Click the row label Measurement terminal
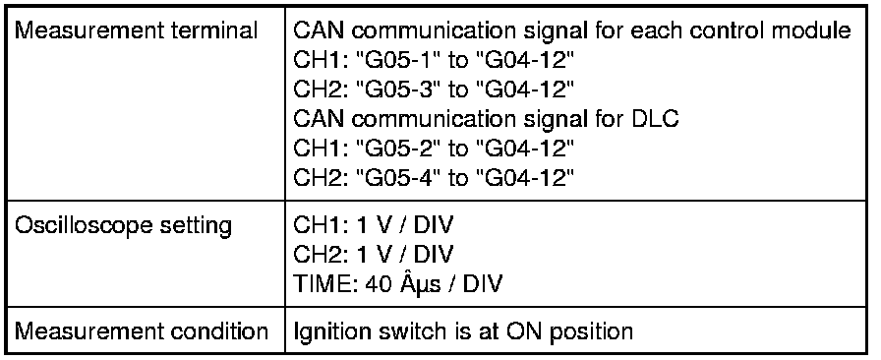[136, 30]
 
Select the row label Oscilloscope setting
[123, 225]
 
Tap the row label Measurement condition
[141, 330]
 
